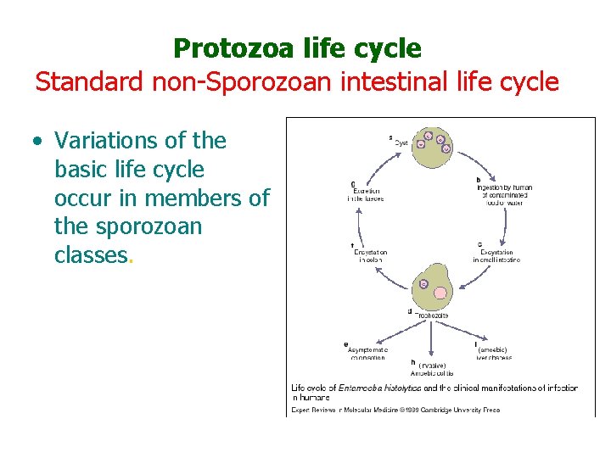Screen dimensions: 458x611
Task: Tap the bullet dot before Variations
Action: [38, 141]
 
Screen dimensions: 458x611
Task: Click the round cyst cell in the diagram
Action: [434, 146]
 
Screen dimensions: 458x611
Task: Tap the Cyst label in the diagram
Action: [401, 142]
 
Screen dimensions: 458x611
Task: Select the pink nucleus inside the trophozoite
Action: [440, 293]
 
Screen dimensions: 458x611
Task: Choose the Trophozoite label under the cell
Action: [430, 315]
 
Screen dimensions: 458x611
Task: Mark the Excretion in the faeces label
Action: [367, 193]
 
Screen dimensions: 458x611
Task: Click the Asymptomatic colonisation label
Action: [367, 353]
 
